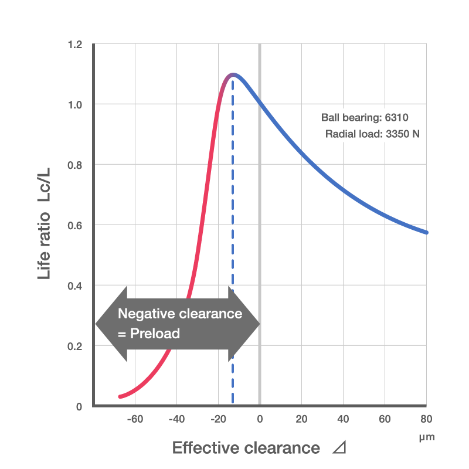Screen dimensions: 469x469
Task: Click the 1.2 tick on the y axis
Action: pyautogui.click(x=74, y=45)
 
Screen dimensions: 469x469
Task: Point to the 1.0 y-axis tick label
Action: pyautogui.click(x=74, y=104)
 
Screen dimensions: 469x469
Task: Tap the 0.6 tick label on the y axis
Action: pyautogui.click(x=74, y=225)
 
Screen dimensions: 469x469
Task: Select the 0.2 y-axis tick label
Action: pyautogui.click(x=74, y=346)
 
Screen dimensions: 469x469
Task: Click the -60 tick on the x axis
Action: pyautogui.click(x=135, y=419)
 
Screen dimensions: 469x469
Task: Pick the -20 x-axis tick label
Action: pyautogui.click(x=218, y=419)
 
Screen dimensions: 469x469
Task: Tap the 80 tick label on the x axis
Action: pyautogui.click(x=426, y=419)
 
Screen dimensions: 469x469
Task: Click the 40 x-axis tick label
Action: pyautogui.click(x=343, y=419)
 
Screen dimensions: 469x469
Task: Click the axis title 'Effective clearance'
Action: pyautogui.click(x=246, y=448)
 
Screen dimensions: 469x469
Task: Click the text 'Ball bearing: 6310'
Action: pyautogui.click(x=368, y=117)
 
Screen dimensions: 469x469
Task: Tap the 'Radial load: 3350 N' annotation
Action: pyautogui.click(x=372, y=134)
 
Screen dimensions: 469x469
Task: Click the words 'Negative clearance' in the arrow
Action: pyautogui.click(x=180, y=314)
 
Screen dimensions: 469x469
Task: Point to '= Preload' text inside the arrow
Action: pyautogui.click(x=149, y=334)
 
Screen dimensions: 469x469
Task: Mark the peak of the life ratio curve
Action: pyautogui.click(x=233, y=74)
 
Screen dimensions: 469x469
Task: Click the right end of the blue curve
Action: pyautogui.click(x=426, y=232)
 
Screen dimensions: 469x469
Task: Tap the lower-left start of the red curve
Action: pyautogui.click(x=120, y=397)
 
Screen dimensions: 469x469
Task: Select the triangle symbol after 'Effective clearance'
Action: pyautogui.click(x=339, y=448)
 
